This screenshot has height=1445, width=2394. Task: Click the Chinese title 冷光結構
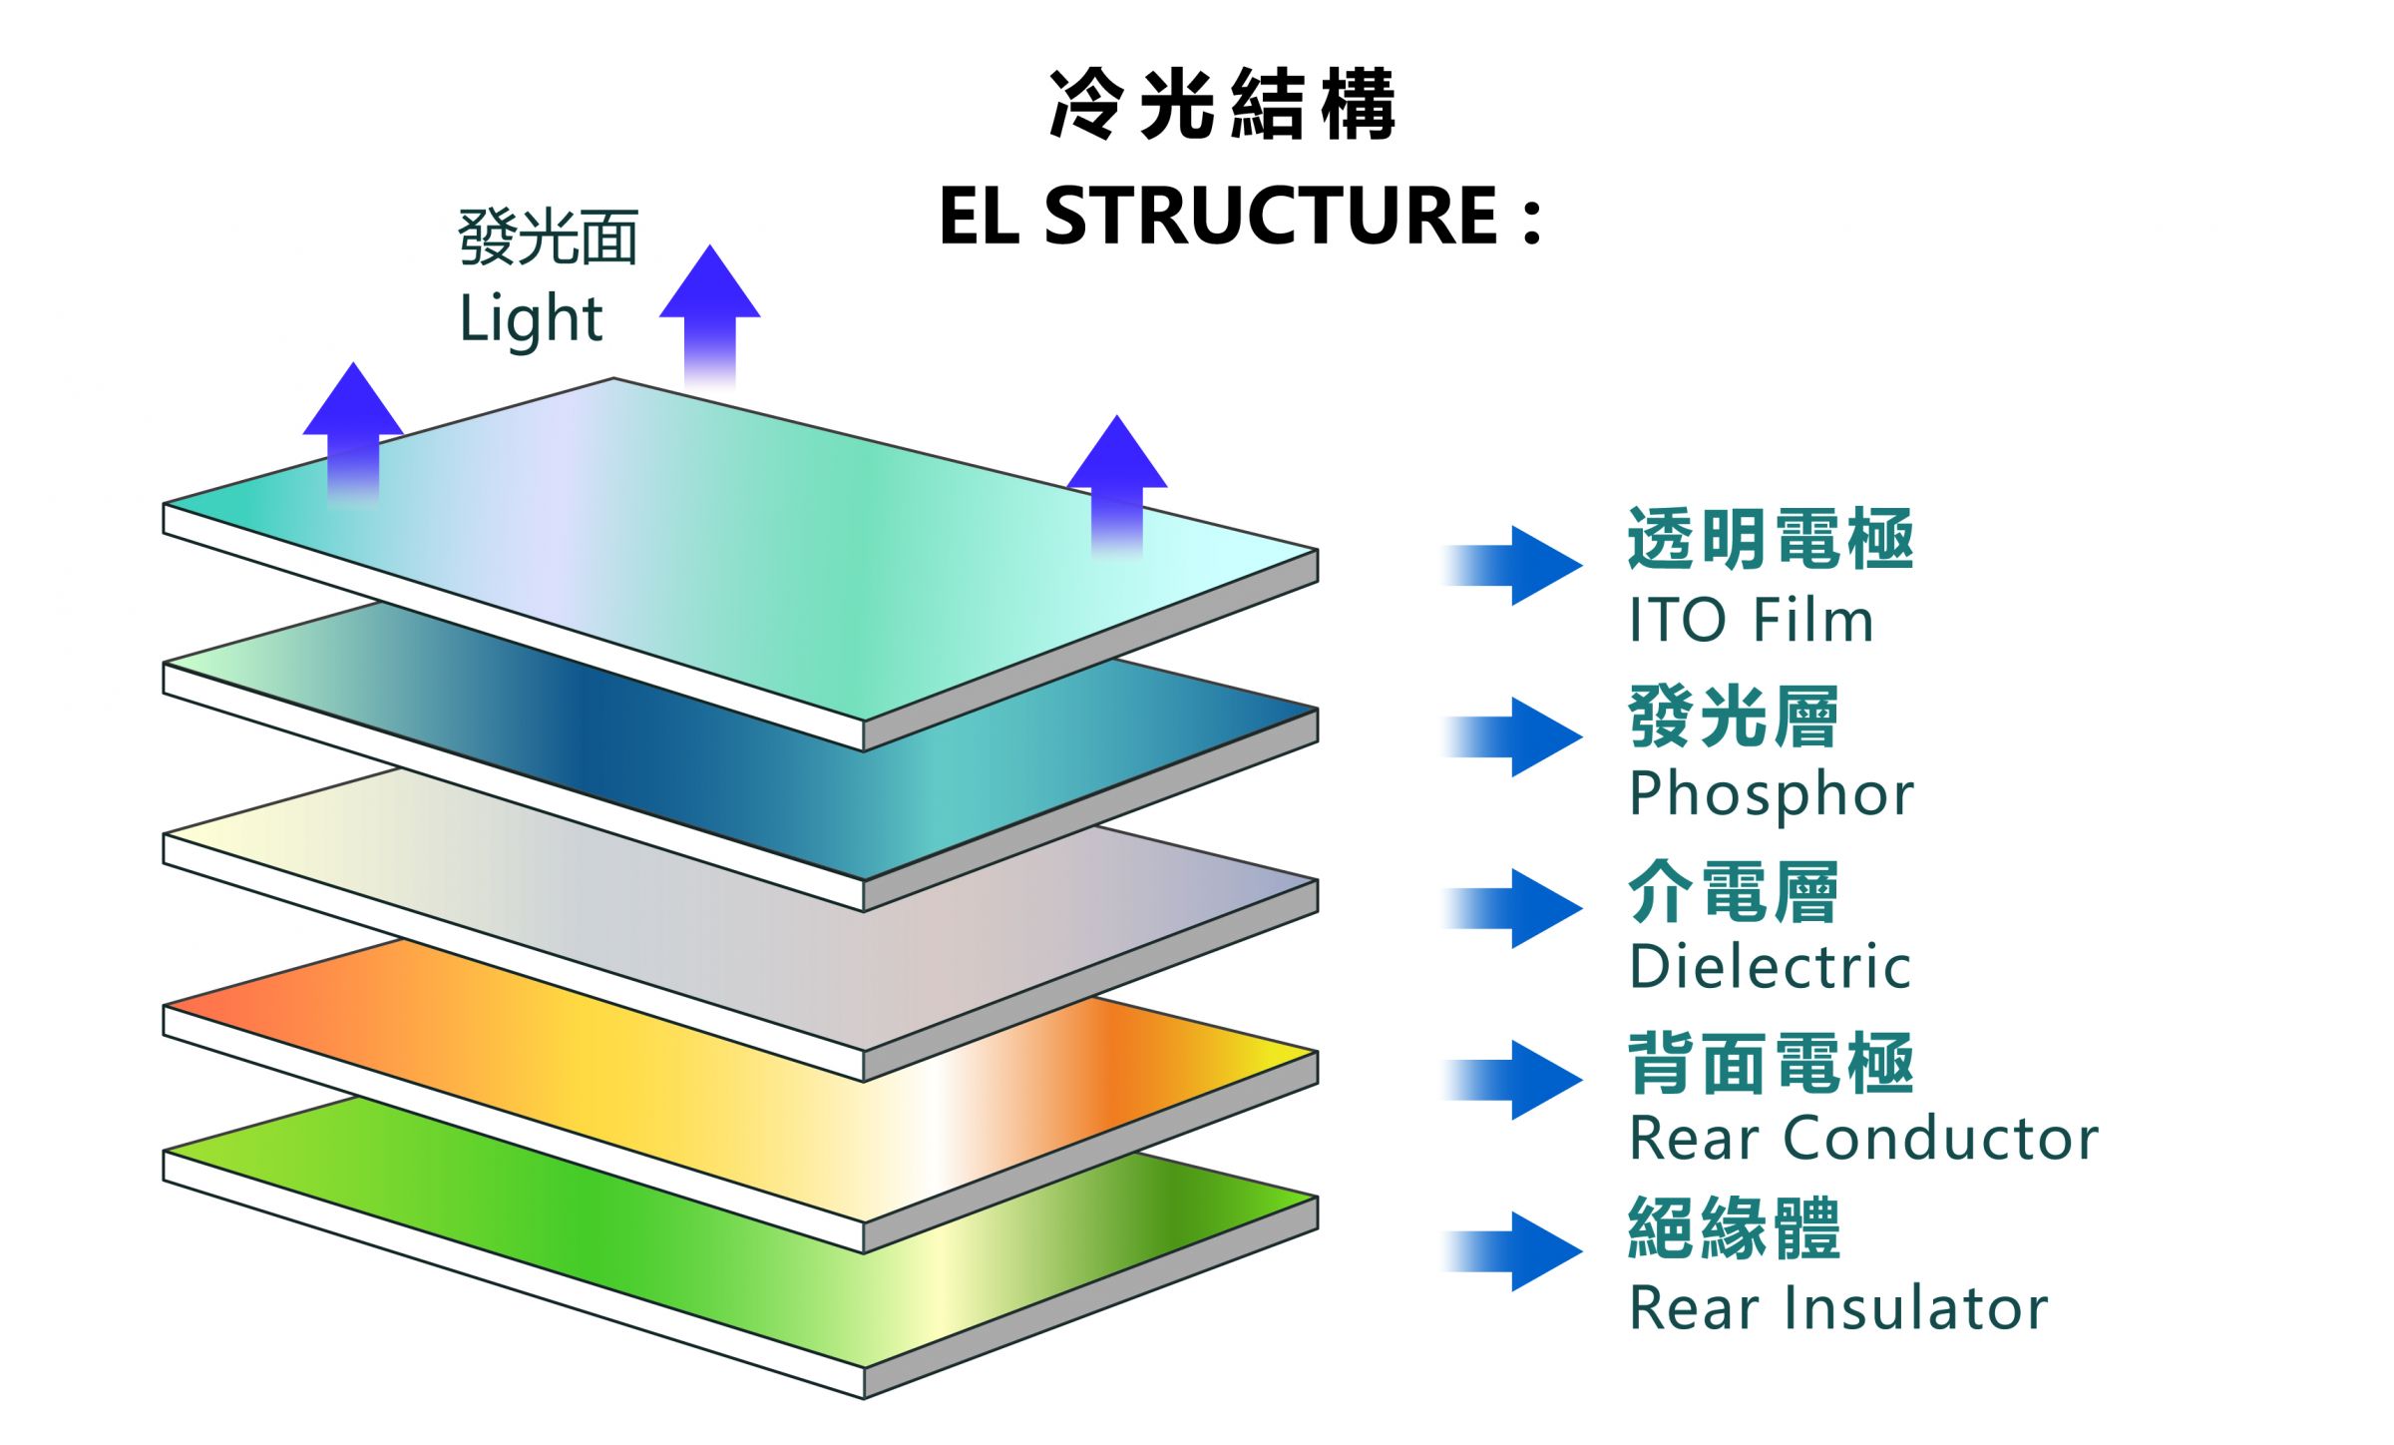tap(1222, 105)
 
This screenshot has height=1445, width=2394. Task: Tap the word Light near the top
tap(531, 319)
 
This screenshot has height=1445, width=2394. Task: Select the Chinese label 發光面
tap(548, 239)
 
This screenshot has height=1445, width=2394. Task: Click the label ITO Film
tap(1751, 621)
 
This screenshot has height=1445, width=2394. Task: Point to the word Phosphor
tap(1771, 794)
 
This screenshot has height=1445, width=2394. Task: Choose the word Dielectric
tap(1770, 967)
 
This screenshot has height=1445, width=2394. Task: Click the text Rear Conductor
tap(1863, 1139)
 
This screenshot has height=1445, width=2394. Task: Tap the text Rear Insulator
tap(1838, 1309)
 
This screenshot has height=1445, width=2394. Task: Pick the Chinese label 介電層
tap(1733, 891)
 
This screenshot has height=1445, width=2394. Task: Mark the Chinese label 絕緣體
tap(1734, 1228)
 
